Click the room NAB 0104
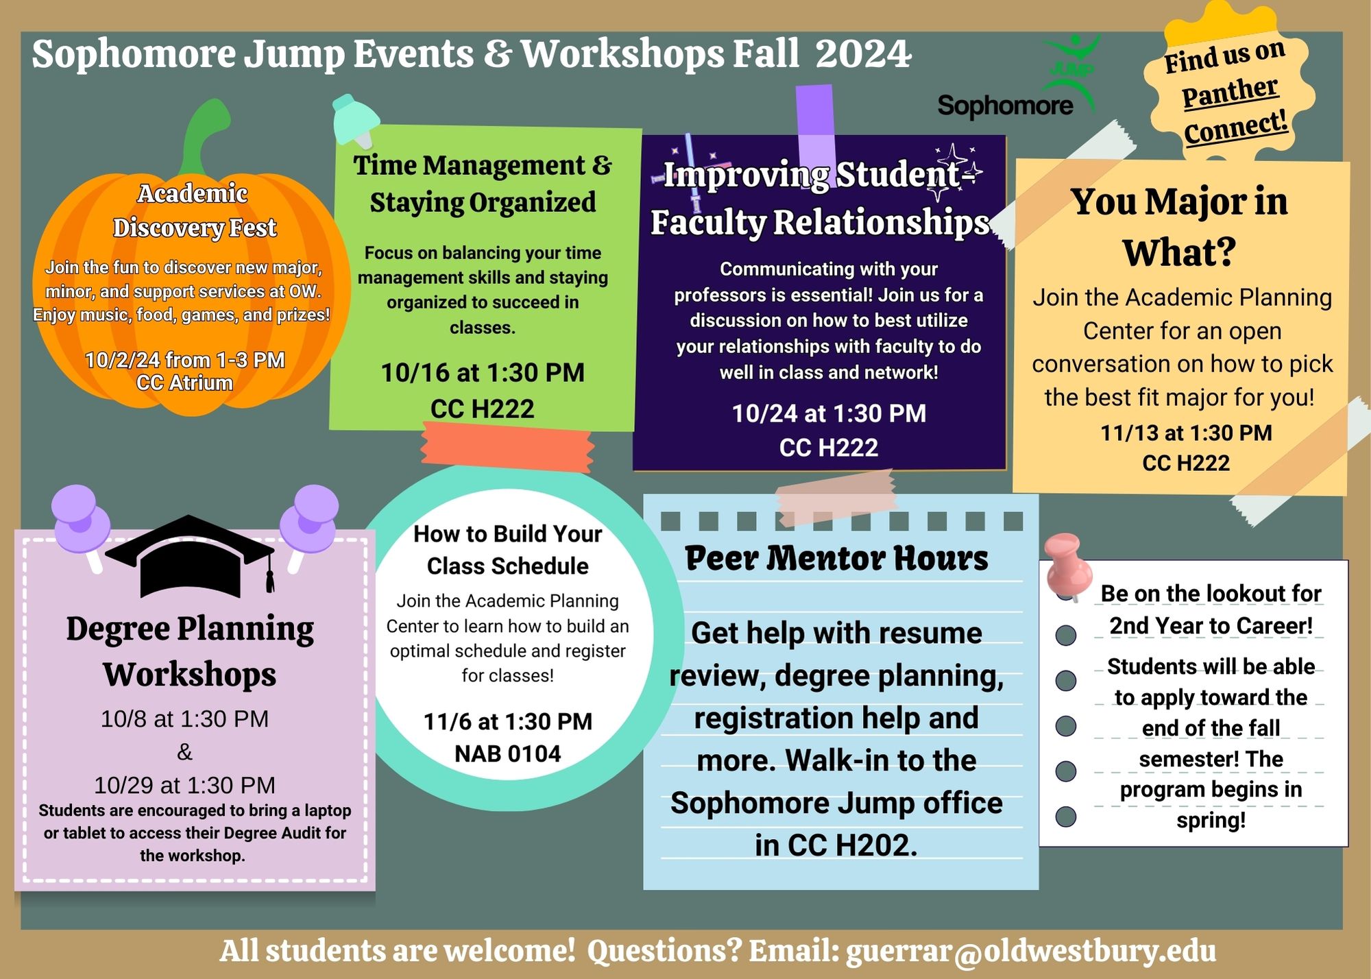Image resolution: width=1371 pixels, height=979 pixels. click(507, 754)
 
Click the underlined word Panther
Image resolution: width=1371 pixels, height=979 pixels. click(1230, 92)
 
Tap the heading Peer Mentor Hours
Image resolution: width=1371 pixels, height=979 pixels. click(836, 558)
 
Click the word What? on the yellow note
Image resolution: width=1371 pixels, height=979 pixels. click(1179, 253)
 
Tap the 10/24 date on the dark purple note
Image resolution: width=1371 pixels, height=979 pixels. click(761, 413)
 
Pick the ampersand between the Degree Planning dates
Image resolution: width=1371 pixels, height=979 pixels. click(184, 752)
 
